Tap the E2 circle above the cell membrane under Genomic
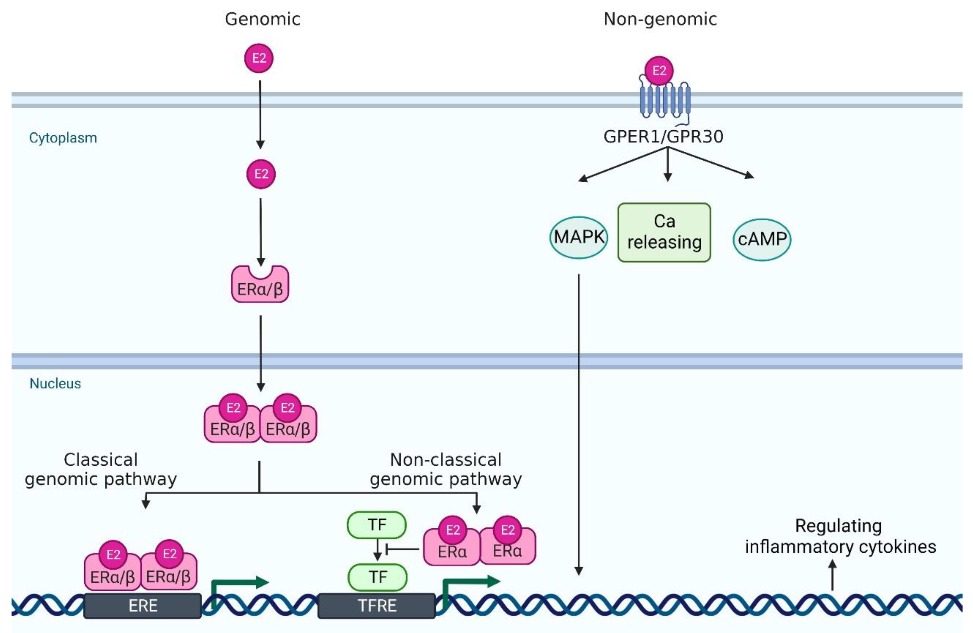(x=259, y=58)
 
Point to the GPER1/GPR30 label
(x=663, y=136)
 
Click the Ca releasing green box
(x=664, y=232)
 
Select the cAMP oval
(x=762, y=239)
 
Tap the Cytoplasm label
(x=63, y=138)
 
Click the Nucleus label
(x=55, y=383)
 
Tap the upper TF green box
(x=377, y=525)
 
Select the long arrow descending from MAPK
(x=578, y=425)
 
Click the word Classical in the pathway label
(x=101, y=460)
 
